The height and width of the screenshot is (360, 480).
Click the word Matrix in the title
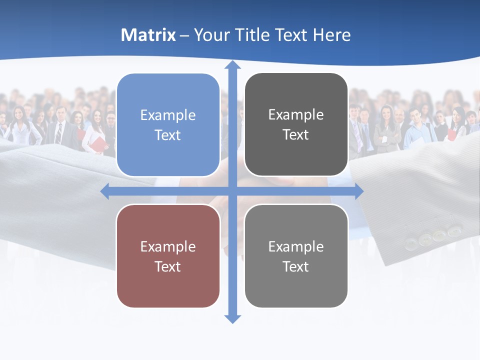click(148, 35)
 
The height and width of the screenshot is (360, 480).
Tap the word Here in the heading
click(331, 35)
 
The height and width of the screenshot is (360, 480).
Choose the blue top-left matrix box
click(168, 125)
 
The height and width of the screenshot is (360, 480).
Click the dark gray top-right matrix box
click(296, 124)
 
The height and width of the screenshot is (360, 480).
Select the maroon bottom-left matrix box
click(168, 256)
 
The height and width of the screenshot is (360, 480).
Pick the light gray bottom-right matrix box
click(296, 256)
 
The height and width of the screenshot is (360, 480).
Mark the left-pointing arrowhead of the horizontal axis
click(105, 191)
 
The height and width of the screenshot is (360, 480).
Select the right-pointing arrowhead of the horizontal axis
click(358, 191)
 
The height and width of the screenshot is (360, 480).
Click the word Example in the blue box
click(168, 115)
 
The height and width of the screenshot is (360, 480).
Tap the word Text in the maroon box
click(168, 266)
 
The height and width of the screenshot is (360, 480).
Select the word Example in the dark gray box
click(296, 114)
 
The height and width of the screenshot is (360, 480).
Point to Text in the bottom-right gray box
click(296, 266)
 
